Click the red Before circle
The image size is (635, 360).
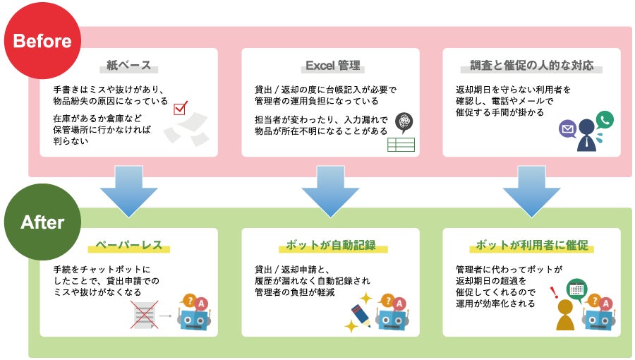[42, 40]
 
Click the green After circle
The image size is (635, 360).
[42, 222]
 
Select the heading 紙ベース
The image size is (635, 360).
[128, 66]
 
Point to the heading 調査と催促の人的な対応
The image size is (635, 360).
[531, 66]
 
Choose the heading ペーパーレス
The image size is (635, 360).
[128, 246]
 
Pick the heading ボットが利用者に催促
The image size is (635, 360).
[531, 246]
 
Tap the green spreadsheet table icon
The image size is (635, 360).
[400, 145]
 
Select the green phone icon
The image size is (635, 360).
[605, 119]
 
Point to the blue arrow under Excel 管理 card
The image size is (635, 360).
[330, 190]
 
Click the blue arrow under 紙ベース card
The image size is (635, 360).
[128, 190]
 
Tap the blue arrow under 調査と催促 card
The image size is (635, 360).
[531, 190]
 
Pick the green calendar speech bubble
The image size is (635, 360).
[576, 288]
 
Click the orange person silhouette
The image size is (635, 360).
[565, 316]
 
